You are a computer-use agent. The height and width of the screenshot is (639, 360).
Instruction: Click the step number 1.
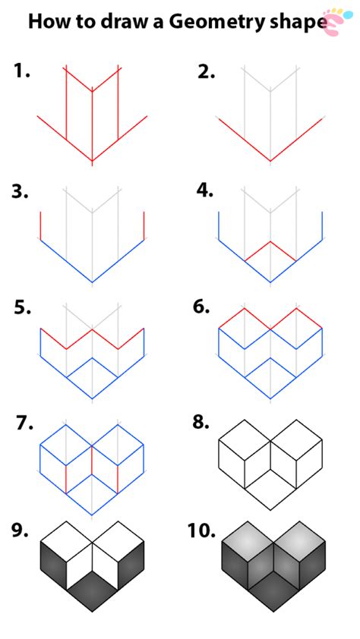point(21,72)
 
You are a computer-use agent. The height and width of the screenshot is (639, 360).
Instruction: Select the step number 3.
point(21,191)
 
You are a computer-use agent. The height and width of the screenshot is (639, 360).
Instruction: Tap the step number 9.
point(20,531)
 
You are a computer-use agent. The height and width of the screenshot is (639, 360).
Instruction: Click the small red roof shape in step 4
point(270,250)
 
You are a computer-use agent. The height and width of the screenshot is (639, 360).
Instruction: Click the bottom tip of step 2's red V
point(270,161)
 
